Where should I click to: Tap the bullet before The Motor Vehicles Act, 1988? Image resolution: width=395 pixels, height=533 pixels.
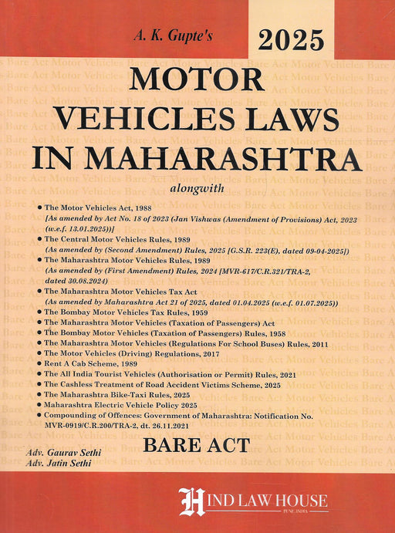38,209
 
